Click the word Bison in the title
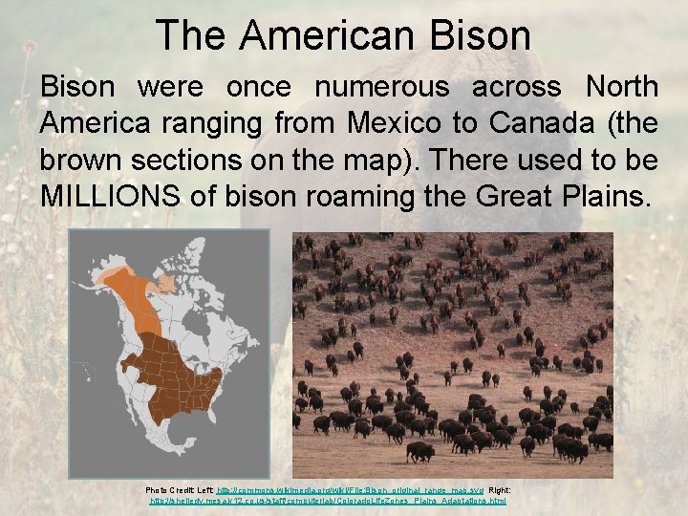click(x=482, y=35)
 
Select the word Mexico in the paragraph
click(x=394, y=124)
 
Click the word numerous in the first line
click(x=381, y=87)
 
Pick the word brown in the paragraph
click(x=81, y=161)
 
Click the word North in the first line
click(x=621, y=87)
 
